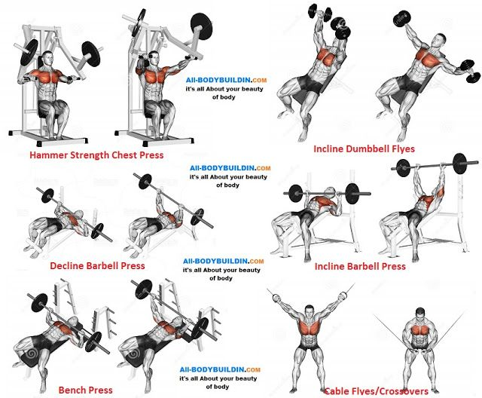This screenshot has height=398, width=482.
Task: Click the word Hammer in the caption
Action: click(48, 155)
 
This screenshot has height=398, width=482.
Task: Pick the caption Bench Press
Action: click(85, 390)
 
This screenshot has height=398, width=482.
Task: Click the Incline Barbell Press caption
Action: click(360, 266)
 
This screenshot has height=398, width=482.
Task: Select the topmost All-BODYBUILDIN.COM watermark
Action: click(226, 80)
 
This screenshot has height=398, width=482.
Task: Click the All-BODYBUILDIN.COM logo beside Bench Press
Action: click(220, 369)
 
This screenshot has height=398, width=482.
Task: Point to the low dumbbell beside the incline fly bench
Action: click(470, 72)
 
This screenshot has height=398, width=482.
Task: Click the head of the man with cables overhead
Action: click(310, 312)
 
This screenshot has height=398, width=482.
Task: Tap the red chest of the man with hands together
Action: click(420, 330)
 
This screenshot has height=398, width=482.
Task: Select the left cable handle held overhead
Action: click(275, 298)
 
